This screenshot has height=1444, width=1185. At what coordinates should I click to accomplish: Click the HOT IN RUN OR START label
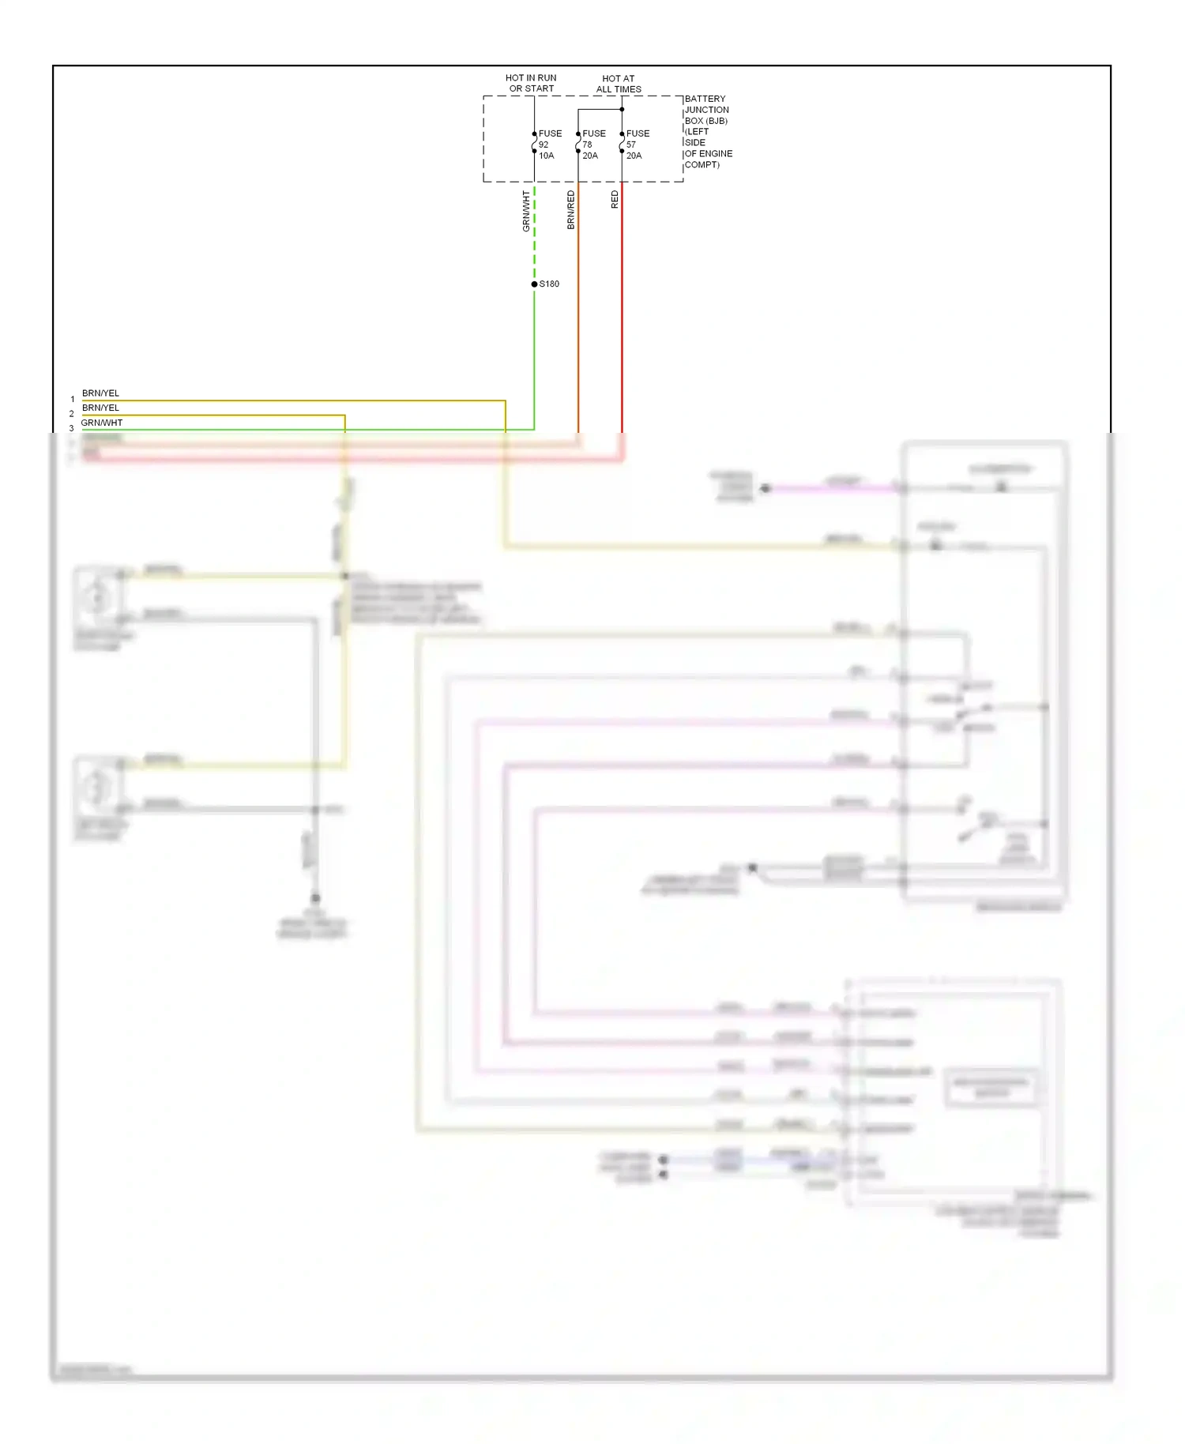point(531,83)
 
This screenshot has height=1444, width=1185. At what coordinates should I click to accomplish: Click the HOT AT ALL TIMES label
point(619,84)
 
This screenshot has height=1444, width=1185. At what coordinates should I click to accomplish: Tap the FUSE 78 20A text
point(593,145)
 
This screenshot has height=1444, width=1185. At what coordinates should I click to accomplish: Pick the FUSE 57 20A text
point(638,145)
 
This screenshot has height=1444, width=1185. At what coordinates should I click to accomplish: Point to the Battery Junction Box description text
point(708,132)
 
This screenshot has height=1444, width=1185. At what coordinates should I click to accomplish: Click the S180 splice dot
point(534,284)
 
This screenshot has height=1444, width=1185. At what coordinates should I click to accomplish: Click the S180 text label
point(549,284)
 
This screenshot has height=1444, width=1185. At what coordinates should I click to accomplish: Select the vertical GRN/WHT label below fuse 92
point(526,211)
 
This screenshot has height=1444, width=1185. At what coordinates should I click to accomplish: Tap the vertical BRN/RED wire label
point(570,210)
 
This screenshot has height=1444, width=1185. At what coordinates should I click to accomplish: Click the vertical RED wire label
point(615,200)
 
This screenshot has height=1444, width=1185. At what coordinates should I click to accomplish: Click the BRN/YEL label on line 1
point(100,393)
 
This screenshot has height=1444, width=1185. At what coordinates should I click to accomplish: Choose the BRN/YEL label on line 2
point(100,408)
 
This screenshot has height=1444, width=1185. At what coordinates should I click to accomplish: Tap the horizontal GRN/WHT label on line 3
point(102,423)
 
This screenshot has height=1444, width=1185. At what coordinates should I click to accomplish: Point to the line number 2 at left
point(71,414)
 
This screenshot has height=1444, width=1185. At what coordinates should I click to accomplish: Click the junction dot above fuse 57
point(622,109)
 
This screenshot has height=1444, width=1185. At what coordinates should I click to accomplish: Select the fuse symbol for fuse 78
point(578,143)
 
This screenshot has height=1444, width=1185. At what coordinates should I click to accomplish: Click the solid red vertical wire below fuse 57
point(622,316)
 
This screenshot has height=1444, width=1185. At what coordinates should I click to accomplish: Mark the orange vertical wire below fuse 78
point(578,316)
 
